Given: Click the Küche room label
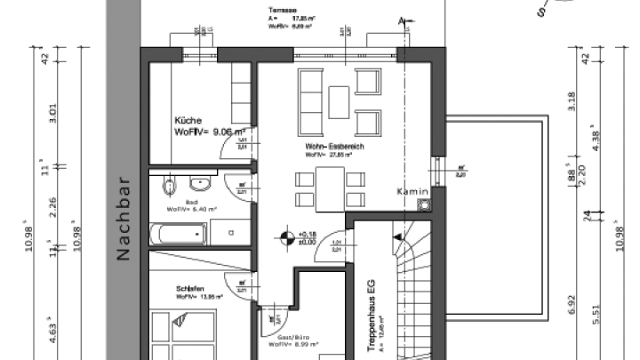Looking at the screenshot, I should pyautogui.click(x=188, y=120).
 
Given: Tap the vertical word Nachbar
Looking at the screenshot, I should pyautogui.click(x=124, y=218).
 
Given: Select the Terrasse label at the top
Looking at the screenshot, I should pyautogui.click(x=282, y=10).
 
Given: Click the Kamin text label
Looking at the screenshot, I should pyautogui.click(x=412, y=191).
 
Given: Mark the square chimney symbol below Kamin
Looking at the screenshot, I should pyautogui.click(x=424, y=204).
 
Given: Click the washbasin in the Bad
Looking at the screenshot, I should pyautogui.click(x=199, y=184).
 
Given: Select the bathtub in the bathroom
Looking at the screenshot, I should pyautogui.click(x=179, y=236).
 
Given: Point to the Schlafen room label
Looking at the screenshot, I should pyautogui.click(x=191, y=289).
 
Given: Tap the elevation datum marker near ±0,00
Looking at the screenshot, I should pyautogui.click(x=286, y=237).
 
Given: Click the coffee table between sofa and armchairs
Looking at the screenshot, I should pyautogui.click(x=339, y=100).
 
